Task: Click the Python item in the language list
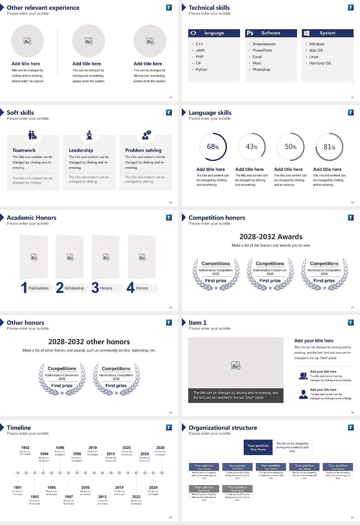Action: click(x=201, y=70)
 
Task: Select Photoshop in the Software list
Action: click(x=261, y=70)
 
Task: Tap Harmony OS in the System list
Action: click(x=320, y=63)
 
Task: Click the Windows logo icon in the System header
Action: click(x=306, y=33)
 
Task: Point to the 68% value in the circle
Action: click(x=213, y=147)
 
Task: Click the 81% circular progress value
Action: click(x=329, y=147)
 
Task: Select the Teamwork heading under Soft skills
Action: click(x=24, y=150)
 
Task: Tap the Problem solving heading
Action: click(x=143, y=150)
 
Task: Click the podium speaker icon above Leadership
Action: click(x=89, y=135)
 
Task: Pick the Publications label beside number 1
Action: click(x=39, y=288)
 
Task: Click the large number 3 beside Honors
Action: click(x=95, y=288)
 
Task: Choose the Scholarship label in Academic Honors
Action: click(x=74, y=288)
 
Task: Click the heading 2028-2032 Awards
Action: click(x=271, y=237)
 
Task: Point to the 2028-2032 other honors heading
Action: click(x=89, y=342)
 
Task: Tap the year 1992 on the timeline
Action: click(x=25, y=448)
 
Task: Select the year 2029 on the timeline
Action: click(x=160, y=448)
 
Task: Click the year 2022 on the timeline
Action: click(x=136, y=497)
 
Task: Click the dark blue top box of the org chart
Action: click(x=258, y=447)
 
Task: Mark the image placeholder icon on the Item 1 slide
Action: click(x=236, y=365)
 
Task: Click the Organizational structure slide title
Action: click(x=223, y=428)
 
